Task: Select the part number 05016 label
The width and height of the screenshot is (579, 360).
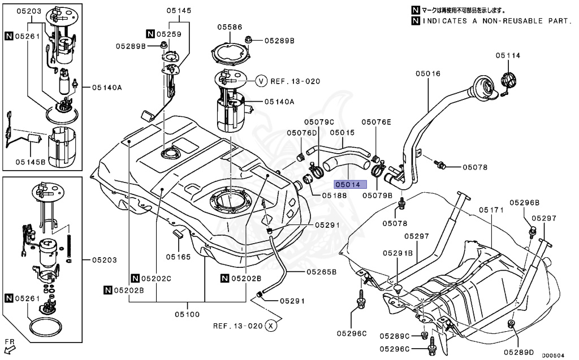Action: click(428, 73)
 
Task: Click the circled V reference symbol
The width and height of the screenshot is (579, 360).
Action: click(261, 81)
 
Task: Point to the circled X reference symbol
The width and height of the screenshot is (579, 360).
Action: click(271, 326)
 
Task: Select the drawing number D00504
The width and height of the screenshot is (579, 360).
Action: click(553, 355)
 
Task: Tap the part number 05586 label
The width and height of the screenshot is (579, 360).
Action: click(230, 27)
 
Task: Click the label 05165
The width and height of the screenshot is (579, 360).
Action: click(178, 257)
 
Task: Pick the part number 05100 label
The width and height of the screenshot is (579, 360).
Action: click(187, 315)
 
